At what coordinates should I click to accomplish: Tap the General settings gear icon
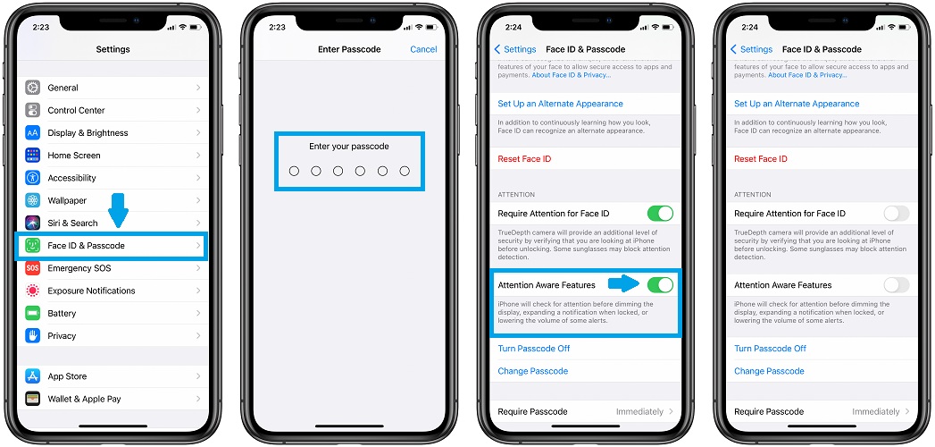point(33,88)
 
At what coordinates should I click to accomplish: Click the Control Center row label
point(76,110)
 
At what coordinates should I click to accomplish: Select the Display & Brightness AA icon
point(33,132)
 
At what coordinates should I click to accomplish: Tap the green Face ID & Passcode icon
point(33,245)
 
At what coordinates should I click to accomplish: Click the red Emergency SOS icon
point(33,268)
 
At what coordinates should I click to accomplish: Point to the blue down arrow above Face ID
point(118,210)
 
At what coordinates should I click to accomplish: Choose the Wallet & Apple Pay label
point(84,400)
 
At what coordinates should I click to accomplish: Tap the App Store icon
point(33,376)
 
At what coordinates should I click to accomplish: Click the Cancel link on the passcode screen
point(423,49)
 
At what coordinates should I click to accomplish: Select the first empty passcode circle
point(294,172)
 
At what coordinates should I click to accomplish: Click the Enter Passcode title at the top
point(349,49)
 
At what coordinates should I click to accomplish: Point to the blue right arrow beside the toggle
point(623,284)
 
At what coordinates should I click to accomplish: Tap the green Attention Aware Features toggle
point(660,285)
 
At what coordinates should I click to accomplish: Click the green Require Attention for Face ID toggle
point(660,213)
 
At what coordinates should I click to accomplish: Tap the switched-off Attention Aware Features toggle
point(897,285)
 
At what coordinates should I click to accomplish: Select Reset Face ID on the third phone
point(524,159)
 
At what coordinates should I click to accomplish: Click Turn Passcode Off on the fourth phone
point(770,349)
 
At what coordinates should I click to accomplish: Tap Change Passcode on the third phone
point(532,371)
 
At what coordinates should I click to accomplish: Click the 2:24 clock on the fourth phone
point(749,27)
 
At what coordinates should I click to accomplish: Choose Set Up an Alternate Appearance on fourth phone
point(797,104)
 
